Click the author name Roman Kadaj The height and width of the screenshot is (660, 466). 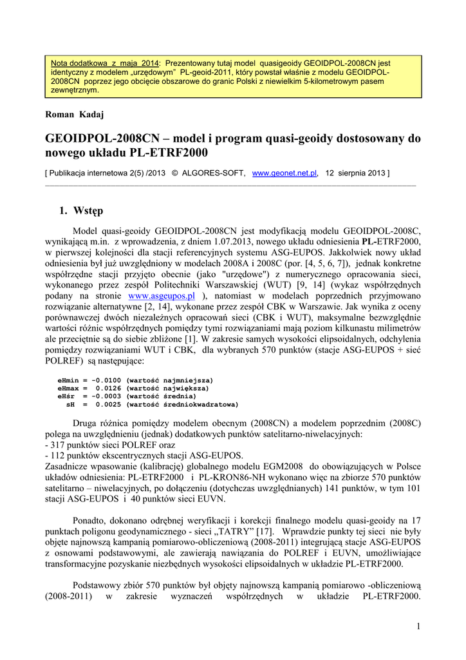coord(75,114)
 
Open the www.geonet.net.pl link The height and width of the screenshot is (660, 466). coord(284,173)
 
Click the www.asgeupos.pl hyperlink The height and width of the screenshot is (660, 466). coord(162,296)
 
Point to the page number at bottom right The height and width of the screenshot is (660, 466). coord(418,627)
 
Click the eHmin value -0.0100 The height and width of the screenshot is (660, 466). coord(107,380)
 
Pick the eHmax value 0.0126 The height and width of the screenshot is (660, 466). coord(107,389)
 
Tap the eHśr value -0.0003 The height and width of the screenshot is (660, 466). coord(107,396)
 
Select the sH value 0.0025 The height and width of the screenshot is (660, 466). coord(107,405)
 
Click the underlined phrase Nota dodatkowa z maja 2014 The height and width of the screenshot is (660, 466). coord(105,63)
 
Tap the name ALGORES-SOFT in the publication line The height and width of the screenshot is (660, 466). coord(212,173)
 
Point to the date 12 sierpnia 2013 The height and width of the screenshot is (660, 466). coord(355,173)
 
